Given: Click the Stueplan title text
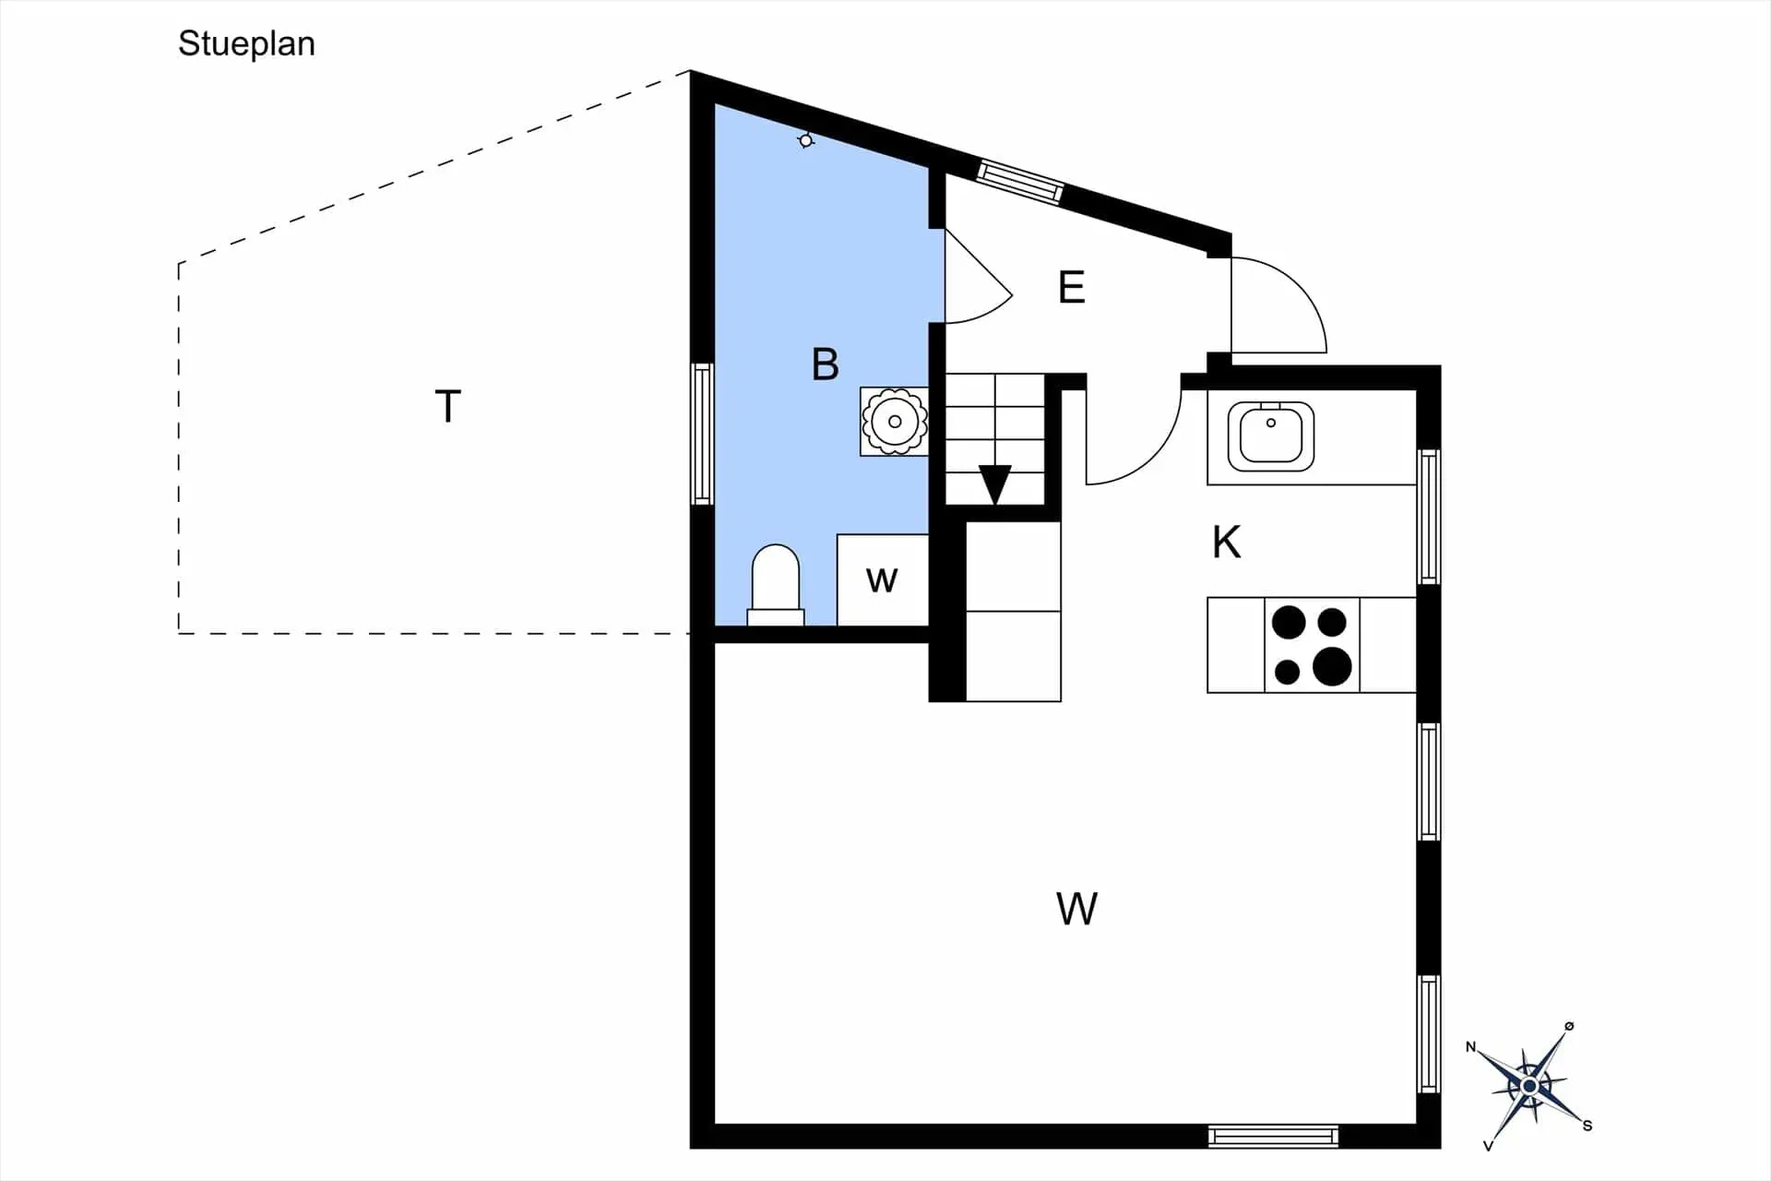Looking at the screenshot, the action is pyautogui.click(x=246, y=44).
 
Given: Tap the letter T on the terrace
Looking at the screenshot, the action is pyautogui.click(x=447, y=406).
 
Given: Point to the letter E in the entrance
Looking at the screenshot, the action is pyautogui.click(x=1071, y=287).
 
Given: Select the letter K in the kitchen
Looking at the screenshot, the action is pyautogui.click(x=1227, y=543).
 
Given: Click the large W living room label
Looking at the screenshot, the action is pyautogui.click(x=1076, y=909).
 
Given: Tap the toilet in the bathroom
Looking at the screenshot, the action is pyautogui.click(x=776, y=585).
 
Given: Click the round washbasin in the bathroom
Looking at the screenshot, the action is pyautogui.click(x=895, y=422).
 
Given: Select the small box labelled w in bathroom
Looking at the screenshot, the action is pyautogui.click(x=883, y=579).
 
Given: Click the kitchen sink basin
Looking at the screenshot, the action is pyautogui.click(x=1271, y=435).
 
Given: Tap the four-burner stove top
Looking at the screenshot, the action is pyautogui.click(x=1312, y=645).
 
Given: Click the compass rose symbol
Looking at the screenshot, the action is pyautogui.click(x=1529, y=1086).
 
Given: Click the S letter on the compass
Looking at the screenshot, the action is pyautogui.click(x=1587, y=1126).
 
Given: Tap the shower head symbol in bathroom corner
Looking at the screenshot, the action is pyautogui.click(x=806, y=140).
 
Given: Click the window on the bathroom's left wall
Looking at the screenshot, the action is pyautogui.click(x=703, y=434).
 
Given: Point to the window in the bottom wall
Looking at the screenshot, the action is pyautogui.click(x=1273, y=1136).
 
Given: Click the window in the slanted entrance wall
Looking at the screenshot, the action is pyautogui.click(x=1020, y=181).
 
